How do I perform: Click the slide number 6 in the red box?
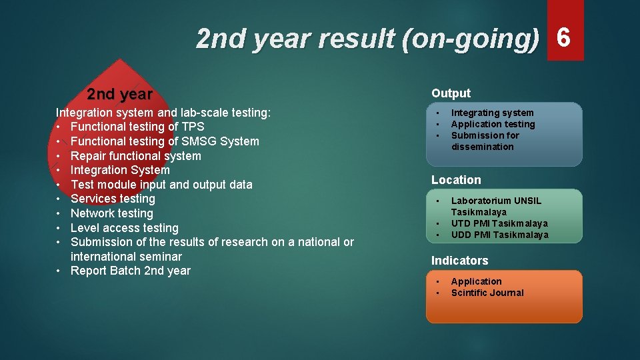pos(564,37)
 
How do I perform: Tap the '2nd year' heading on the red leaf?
pos(120,95)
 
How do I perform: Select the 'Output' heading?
pos(451,93)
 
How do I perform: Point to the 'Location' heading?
pos(456,180)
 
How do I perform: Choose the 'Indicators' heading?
pos(459,261)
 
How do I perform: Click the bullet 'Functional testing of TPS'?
pos(137,127)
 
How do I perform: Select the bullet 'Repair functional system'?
pos(135,156)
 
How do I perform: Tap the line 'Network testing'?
pos(111,213)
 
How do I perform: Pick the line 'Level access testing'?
pos(124,228)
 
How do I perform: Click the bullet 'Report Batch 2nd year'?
pos(130,271)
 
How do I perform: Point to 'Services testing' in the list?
pos(113,199)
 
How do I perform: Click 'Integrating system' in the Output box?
pos(492,113)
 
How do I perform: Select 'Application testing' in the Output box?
pos(493,124)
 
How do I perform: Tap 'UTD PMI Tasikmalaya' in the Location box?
pos(499,223)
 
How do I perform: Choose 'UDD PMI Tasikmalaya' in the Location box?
pos(499,235)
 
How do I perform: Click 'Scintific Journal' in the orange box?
pos(487,293)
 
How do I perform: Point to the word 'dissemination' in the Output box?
pos(482,147)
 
